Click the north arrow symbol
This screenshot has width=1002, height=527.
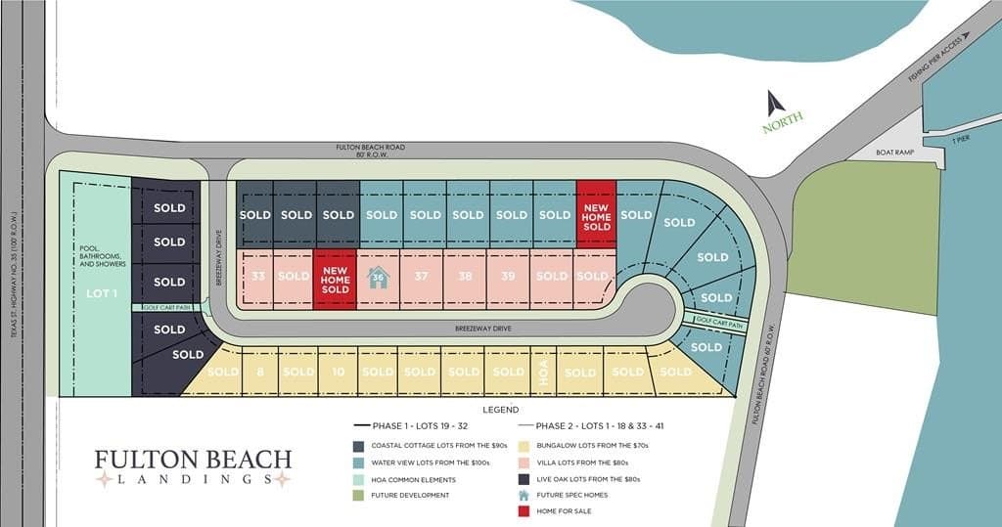[776, 103]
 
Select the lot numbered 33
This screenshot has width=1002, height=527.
[257, 277]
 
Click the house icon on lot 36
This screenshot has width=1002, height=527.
[379, 278]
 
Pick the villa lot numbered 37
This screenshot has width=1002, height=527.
[422, 277]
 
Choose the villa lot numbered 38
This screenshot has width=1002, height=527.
[465, 277]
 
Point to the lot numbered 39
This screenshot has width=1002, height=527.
[508, 277]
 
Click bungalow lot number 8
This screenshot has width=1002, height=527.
[260, 372]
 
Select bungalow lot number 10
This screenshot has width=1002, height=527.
[338, 372]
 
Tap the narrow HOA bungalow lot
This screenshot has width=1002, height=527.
[543, 372]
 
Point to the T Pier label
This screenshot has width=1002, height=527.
[961, 141]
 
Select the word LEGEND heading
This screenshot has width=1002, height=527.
[500, 410]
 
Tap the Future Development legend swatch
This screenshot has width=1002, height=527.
[359, 495]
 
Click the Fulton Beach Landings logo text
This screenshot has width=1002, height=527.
[193, 465]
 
